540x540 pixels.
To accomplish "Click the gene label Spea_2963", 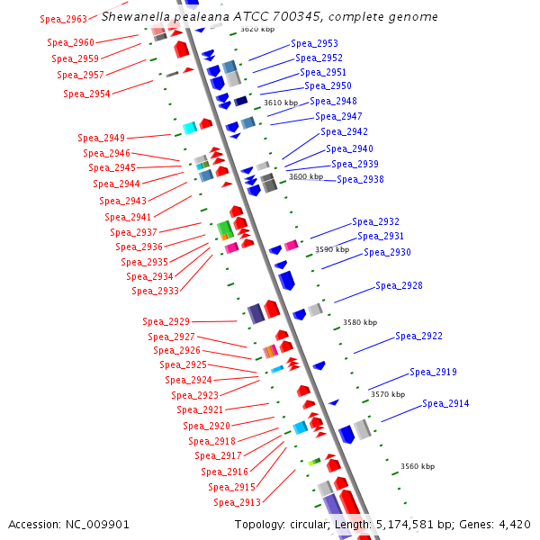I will tap(65, 19).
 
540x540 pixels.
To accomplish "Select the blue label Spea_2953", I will tap(314, 43).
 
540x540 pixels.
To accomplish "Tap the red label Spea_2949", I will tap(101, 138).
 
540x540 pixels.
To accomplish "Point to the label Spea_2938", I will tap(360, 179).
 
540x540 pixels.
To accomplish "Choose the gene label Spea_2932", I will tap(375, 221).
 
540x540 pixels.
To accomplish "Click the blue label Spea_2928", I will tap(399, 285).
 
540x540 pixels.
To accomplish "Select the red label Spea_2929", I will tap(166, 321).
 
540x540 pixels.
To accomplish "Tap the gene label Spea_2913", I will tap(237, 502).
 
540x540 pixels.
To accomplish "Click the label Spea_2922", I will tap(418, 336).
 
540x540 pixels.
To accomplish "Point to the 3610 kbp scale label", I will tap(280, 103).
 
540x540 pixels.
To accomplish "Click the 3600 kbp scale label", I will tap(305, 176).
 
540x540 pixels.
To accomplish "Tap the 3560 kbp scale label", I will tap(417, 466).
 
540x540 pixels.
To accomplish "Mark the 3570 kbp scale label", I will tap(388, 394).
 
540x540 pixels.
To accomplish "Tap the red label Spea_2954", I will tap(86, 94).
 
